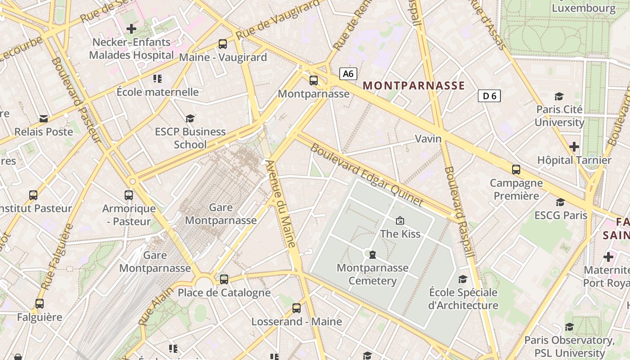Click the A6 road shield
point(348,74)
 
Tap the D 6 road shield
point(489,96)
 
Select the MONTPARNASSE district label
point(414,85)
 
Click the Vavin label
point(428,139)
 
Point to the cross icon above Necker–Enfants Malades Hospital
point(131,29)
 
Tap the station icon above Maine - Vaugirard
point(223,44)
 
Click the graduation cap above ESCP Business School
point(190,118)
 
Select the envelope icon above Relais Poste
point(44,119)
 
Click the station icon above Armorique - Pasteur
point(129,195)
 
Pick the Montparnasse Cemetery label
point(373,274)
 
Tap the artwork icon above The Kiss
point(400,220)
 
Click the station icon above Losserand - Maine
point(296,308)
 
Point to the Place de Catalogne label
point(224,293)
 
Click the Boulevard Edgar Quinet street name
point(367,175)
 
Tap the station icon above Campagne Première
point(516,170)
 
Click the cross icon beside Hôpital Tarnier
point(574,147)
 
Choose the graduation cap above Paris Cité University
point(559,96)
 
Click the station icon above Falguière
point(40,304)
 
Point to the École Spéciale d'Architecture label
point(463,299)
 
